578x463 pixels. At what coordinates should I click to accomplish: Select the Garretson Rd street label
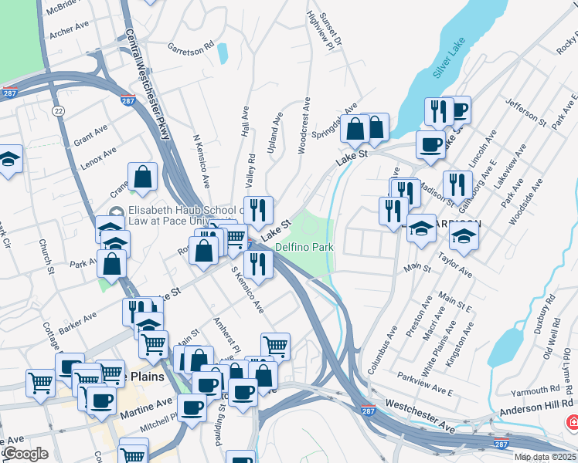191,48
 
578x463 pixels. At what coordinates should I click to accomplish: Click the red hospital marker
573,423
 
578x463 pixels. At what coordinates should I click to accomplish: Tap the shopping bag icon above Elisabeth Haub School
143,177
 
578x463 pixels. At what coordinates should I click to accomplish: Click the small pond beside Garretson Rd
223,53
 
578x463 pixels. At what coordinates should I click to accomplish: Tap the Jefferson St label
525,111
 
